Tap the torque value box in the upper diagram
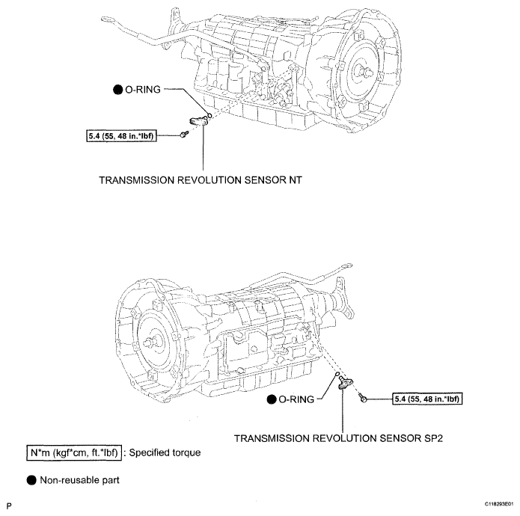[x=122, y=135]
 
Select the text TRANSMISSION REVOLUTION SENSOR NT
[x=205, y=180]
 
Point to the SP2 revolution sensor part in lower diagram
[x=344, y=384]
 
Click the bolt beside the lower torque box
[x=364, y=399]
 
